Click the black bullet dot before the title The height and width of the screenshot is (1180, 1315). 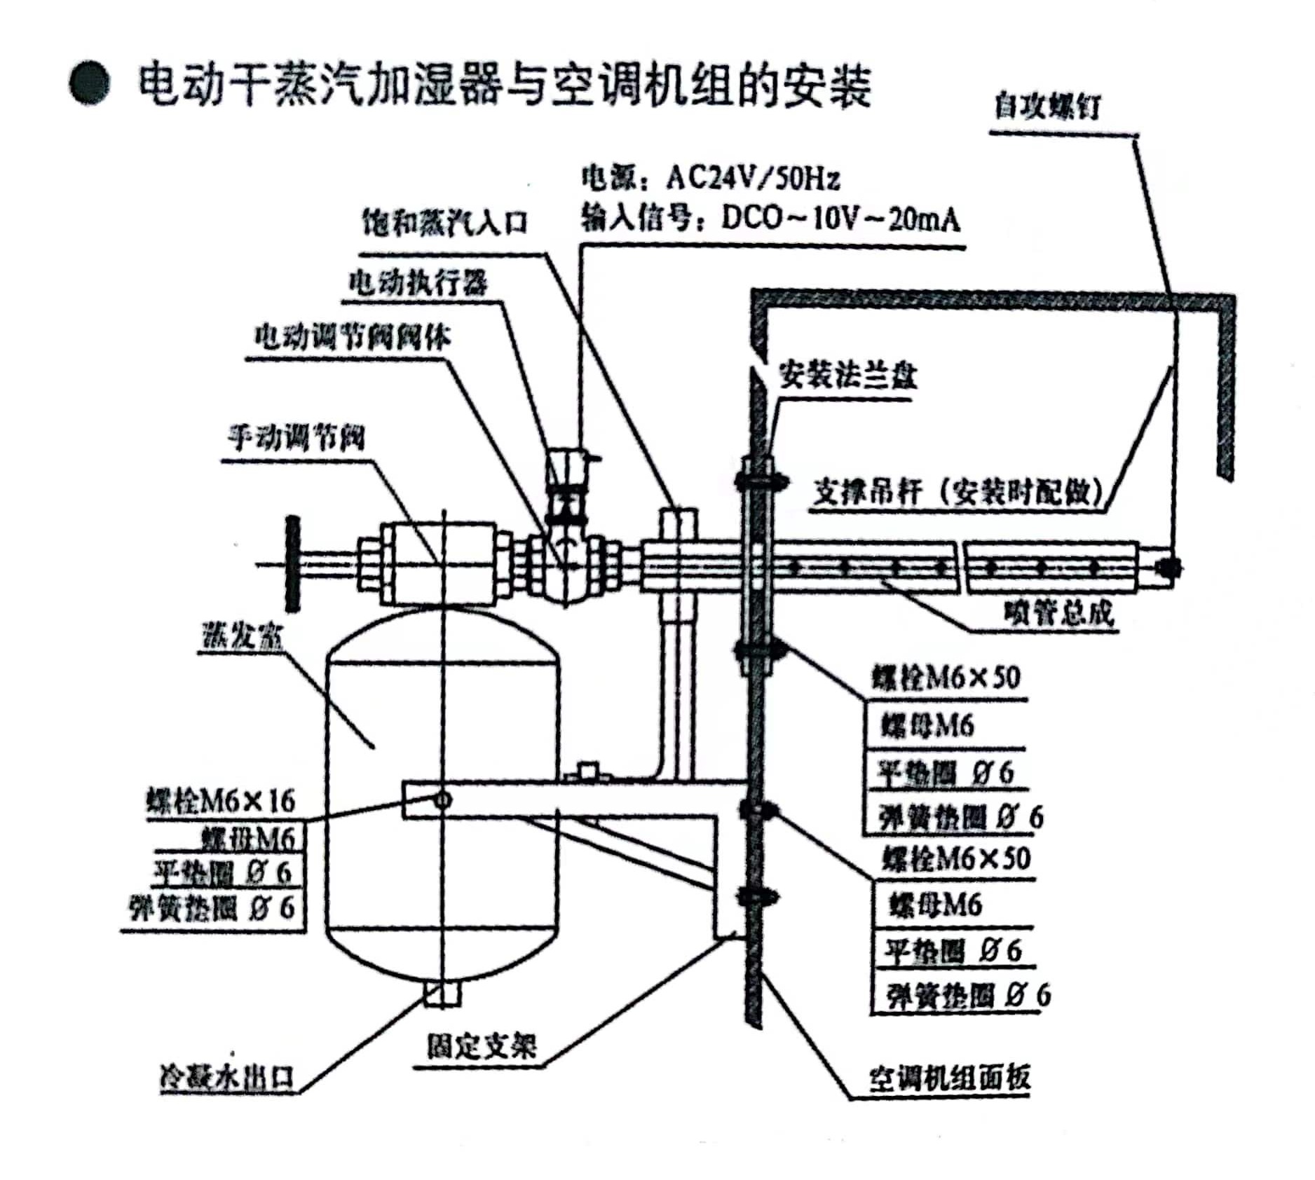click(89, 85)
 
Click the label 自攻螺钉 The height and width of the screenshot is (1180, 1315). click(1047, 108)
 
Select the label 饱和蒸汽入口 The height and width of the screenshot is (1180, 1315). click(444, 223)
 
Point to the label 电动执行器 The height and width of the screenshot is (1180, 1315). click(418, 283)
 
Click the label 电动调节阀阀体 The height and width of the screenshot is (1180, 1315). click(352, 338)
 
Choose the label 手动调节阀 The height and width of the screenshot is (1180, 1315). click(296, 439)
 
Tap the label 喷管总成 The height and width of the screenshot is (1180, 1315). click(1058, 613)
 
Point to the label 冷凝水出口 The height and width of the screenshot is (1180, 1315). click(226, 1077)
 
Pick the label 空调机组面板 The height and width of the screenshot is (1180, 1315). click(950, 1077)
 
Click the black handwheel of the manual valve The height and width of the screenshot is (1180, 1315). click(292, 563)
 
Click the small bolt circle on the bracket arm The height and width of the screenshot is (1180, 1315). click(442, 800)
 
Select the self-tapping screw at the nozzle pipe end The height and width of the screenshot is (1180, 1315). click(1166, 566)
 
